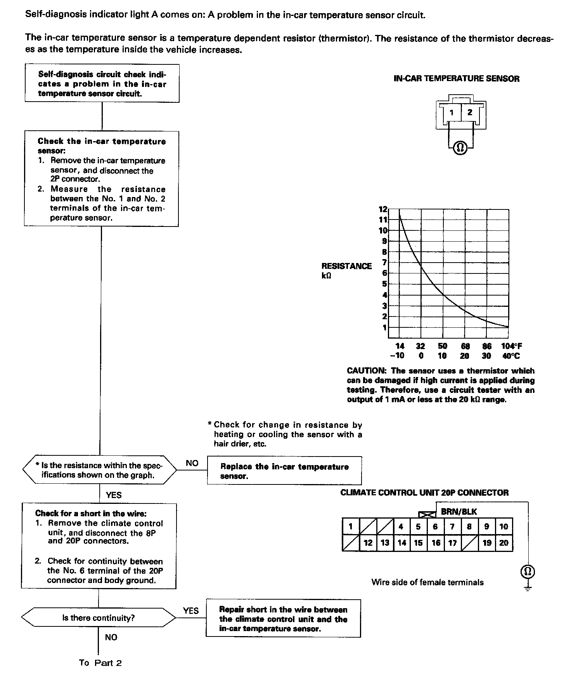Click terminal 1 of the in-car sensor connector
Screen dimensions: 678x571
click(x=452, y=113)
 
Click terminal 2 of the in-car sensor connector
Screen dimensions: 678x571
click(x=470, y=112)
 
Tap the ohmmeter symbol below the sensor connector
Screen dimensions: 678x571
click(x=460, y=148)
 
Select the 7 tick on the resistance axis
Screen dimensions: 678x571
click(x=384, y=263)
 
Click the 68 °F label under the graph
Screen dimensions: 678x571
click(x=465, y=346)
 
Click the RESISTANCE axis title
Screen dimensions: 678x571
click(x=346, y=266)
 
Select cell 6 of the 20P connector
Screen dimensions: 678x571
click(x=435, y=527)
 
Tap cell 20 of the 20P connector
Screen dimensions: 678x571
click(x=504, y=543)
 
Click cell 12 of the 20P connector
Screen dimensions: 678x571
click(x=368, y=543)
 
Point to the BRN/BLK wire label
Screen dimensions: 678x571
click(x=459, y=512)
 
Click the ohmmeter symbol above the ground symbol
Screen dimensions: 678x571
click(x=528, y=571)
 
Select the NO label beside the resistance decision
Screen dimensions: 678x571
click(x=192, y=463)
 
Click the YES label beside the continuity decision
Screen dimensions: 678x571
click(x=191, y=611)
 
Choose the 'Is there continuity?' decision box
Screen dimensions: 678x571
click(x=99, y=618)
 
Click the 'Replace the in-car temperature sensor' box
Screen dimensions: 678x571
click(x=284, y=471)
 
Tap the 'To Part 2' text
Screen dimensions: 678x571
click(x=100, y=663)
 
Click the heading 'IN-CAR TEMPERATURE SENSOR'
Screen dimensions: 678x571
click(x=457, y=79)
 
